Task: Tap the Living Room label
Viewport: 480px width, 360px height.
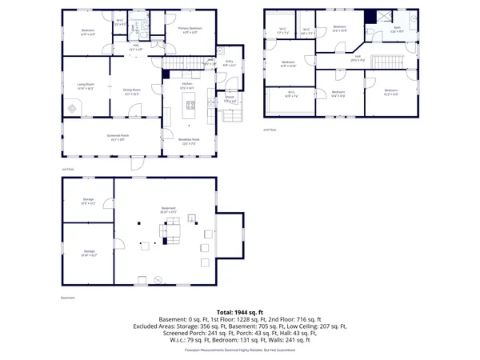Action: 86,86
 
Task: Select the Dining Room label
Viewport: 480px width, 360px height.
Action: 132,91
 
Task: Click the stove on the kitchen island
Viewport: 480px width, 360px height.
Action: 190,102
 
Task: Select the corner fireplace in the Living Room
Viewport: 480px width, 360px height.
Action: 73,106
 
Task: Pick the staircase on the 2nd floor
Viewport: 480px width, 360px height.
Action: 390,62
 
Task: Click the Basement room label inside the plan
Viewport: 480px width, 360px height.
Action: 168,210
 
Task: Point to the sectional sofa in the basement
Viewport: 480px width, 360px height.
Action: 171,233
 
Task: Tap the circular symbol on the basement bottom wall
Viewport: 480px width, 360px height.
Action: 158,278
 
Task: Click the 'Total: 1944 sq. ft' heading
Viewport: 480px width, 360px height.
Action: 239,312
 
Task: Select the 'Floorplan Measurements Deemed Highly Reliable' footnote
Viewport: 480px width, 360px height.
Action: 239,350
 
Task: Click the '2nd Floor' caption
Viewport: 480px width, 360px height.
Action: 270,130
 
